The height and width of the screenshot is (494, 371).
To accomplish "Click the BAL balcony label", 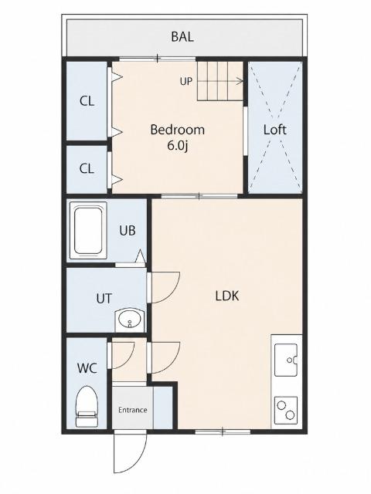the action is [182, 36].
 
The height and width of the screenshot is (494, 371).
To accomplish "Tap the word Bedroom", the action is [177, 130].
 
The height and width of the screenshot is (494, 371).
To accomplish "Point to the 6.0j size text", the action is [178, 146].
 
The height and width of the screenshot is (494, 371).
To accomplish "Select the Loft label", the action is [275, 130].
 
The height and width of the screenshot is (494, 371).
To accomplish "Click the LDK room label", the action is [227, 296].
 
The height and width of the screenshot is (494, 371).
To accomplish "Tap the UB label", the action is [128, 231].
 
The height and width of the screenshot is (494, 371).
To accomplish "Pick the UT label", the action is [104, 299].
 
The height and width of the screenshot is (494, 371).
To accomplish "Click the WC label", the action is [87, 367].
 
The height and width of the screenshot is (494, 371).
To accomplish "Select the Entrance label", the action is [133, 410].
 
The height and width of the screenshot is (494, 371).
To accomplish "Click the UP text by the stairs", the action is [186, 81].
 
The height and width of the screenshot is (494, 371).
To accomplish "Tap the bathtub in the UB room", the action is [88, 231].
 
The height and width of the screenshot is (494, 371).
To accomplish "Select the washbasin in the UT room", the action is [130, 320].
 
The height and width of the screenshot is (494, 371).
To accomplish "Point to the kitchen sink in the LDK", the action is [286, 360].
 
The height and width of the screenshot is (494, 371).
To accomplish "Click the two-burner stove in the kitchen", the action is [286, 410].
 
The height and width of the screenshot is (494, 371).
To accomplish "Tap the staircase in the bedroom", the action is [220, 81].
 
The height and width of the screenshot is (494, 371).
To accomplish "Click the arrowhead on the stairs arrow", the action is [241, 81].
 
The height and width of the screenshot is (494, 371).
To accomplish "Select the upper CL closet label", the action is [87, 101].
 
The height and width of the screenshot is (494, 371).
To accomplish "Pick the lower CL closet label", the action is [87, 168].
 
